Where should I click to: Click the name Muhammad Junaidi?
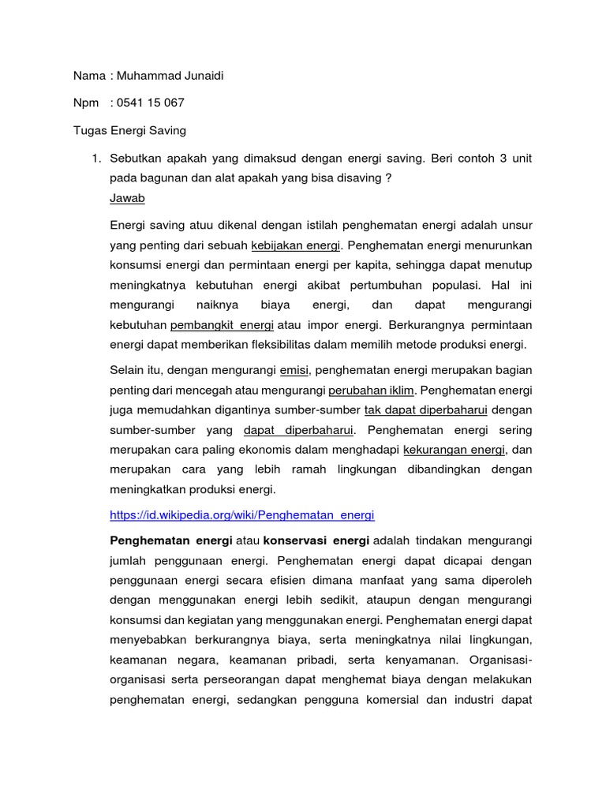(174, 76)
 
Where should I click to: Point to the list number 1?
(95, 158)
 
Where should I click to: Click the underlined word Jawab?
(127, 197)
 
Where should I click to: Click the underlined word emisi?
(295, 368)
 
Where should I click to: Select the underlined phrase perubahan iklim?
(371, 390)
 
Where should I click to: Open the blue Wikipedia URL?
(242, 514)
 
